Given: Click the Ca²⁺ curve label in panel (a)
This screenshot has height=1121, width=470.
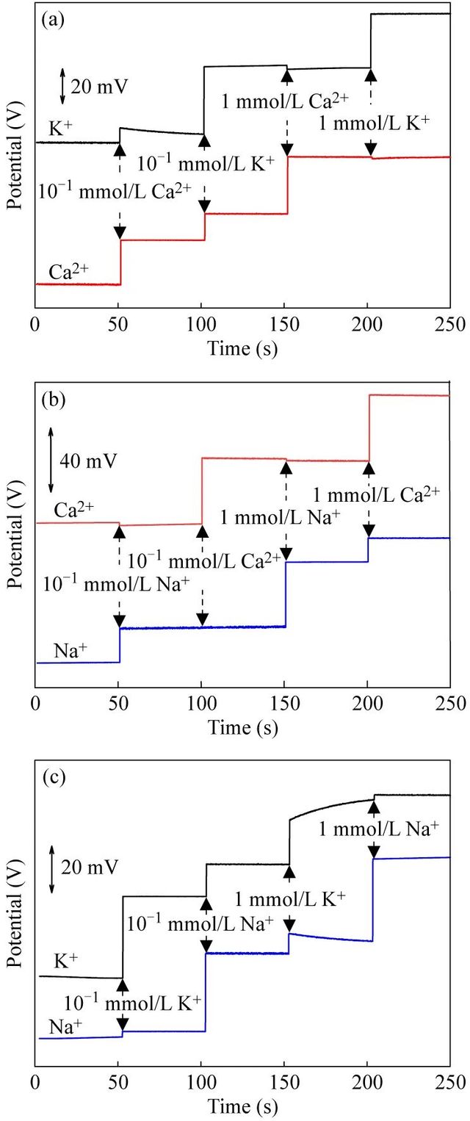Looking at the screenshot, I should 68,271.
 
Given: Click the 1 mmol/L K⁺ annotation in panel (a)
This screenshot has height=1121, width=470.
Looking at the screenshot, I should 373,124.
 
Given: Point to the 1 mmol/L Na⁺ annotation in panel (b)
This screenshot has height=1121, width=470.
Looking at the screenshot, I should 280,516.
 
